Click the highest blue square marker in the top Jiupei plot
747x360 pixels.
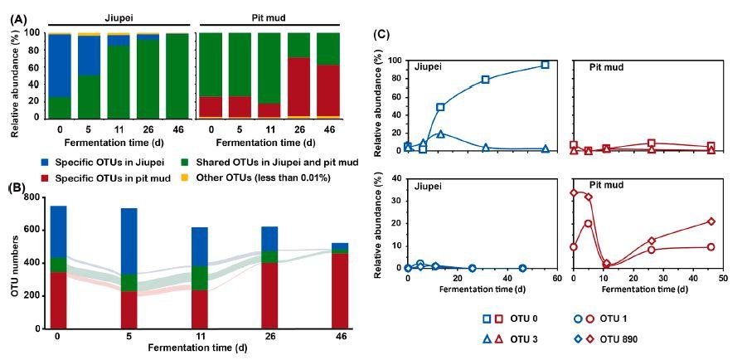click(x=545, y=65)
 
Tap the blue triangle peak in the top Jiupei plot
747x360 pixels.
click(x=441, y=134)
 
